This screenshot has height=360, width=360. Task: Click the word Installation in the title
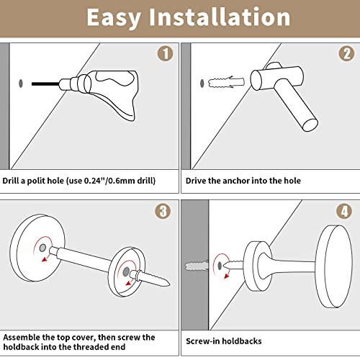point(229,17)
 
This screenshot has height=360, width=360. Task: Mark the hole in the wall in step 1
point(22,84)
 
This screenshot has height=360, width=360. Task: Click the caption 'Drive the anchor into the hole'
point(243,181)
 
